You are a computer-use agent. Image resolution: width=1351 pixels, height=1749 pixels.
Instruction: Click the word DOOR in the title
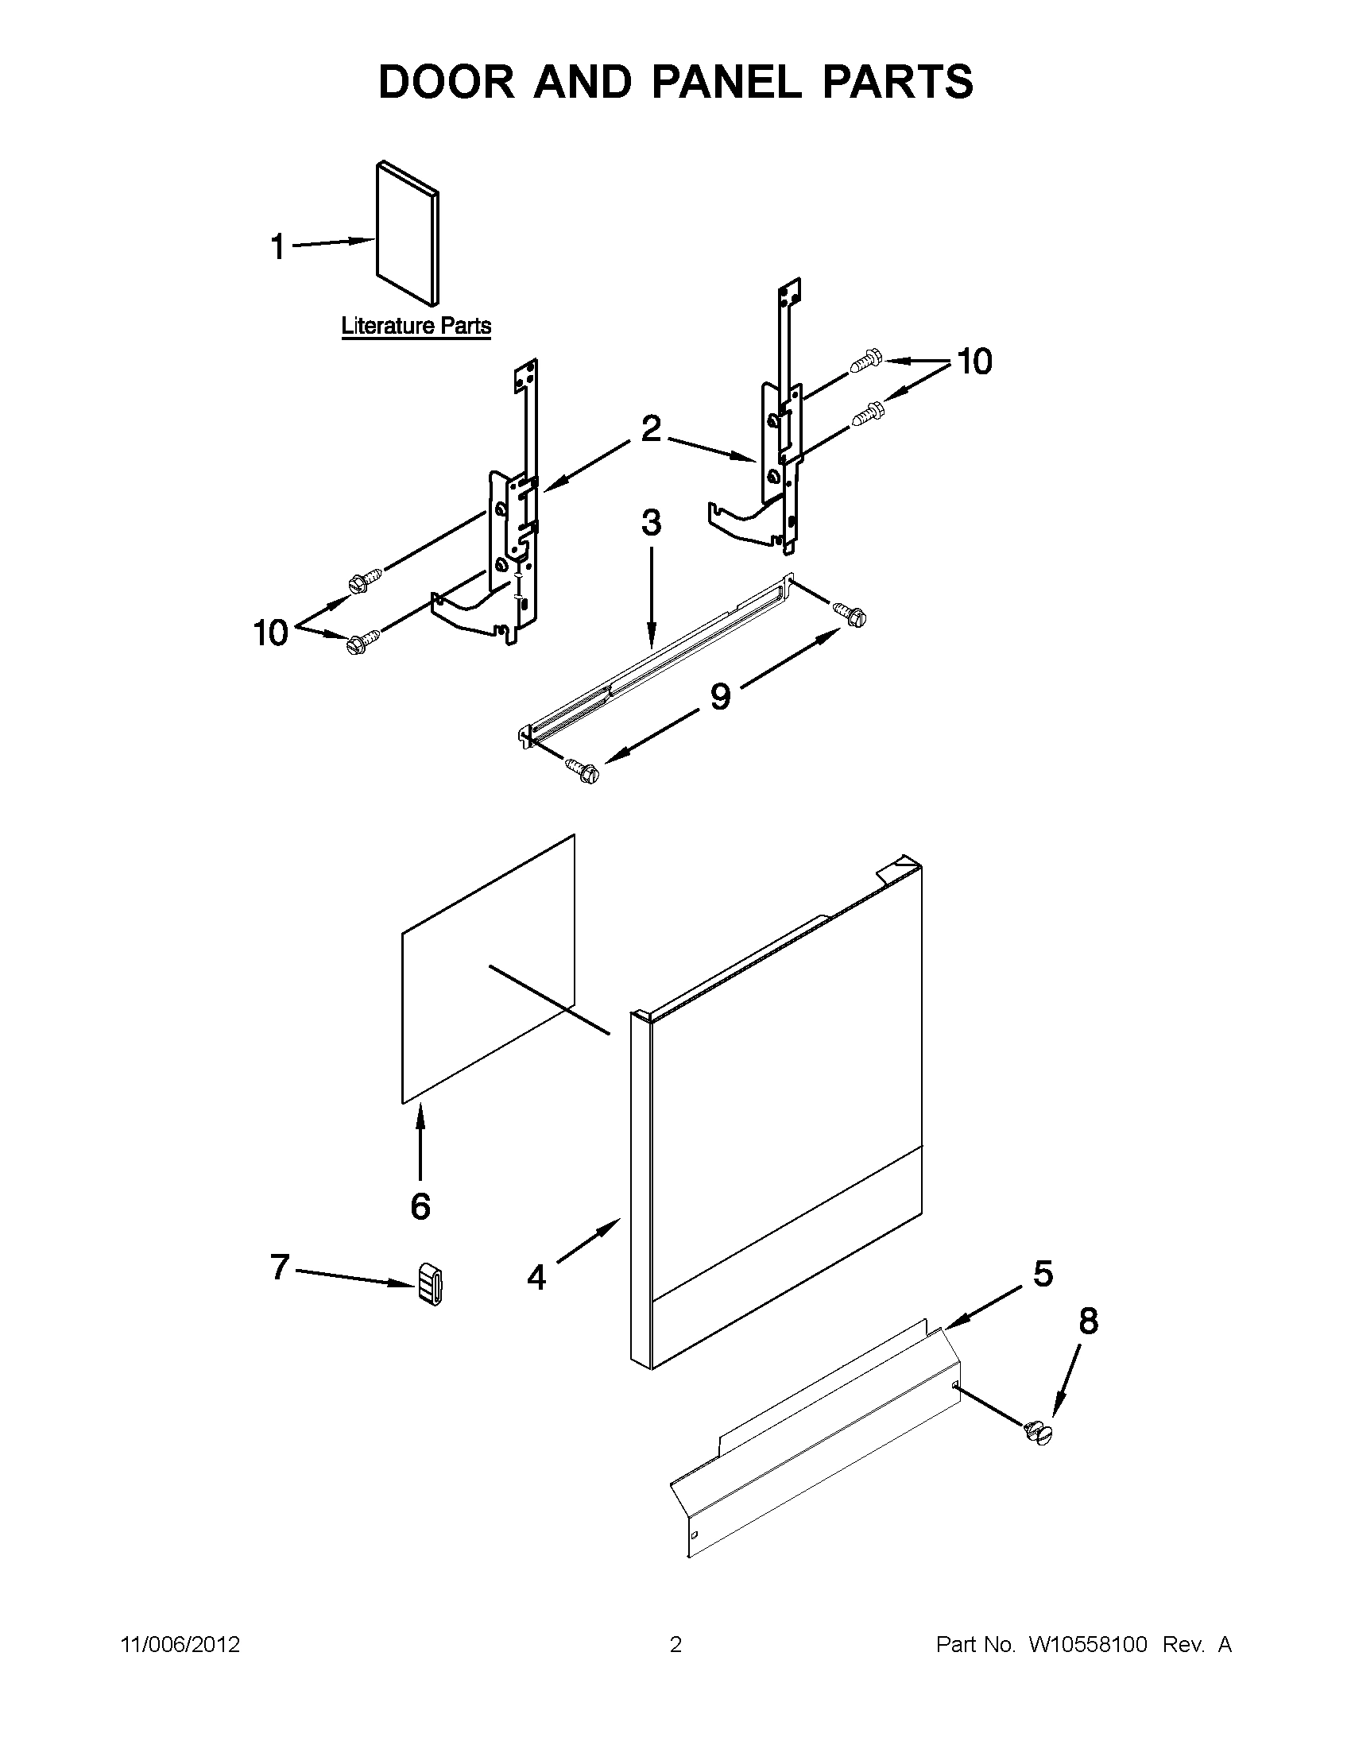[447, 82]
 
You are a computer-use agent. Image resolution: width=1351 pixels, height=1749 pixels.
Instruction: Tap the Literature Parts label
[416, 326]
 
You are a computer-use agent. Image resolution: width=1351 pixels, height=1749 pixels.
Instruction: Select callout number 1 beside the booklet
[277, 246]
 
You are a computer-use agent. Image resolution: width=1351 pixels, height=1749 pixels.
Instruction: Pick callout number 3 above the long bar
[651, 523]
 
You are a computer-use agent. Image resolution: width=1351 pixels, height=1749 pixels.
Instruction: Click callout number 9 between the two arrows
[720, 696]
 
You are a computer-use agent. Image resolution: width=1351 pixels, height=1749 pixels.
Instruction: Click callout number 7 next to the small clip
[279, 1267]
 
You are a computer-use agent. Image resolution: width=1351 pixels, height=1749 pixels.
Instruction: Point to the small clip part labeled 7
[431, 1284]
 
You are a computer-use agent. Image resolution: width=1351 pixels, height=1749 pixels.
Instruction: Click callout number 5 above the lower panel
[1043, 1273]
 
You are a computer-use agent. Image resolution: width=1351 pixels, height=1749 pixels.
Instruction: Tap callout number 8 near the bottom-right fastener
[1088, 1321]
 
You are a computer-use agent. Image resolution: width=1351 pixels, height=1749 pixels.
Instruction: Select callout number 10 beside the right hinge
[974, 362]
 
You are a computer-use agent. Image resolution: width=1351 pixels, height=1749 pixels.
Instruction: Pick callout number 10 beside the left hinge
[271, 633]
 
